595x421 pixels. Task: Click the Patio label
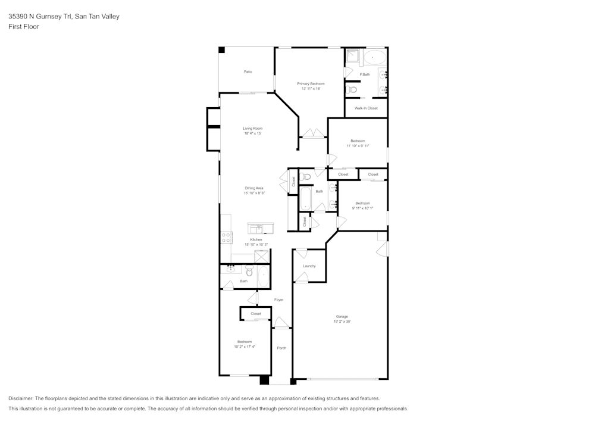pos(248,71)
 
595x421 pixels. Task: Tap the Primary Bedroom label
pos(311,84)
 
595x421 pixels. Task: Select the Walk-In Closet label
pos(366,108)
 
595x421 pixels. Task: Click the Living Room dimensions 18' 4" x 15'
pos(253,133)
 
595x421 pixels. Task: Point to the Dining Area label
pos(254,188)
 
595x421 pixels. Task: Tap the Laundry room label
pos(309,266)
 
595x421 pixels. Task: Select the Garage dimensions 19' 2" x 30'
pos(342,322)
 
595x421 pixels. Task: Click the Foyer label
pos(278,300)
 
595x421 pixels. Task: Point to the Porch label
pos(281,348)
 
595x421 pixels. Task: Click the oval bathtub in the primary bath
pos(374,58)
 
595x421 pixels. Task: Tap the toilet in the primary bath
pos(352,90)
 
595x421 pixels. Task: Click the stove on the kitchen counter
pos(226,238)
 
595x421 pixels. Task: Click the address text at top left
pos(64,17)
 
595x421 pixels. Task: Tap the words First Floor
pos(24,27)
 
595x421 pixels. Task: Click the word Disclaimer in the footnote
pos(21,398)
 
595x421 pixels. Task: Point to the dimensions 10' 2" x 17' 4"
pos(245,347)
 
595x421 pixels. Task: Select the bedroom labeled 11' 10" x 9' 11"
pos(358,143)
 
